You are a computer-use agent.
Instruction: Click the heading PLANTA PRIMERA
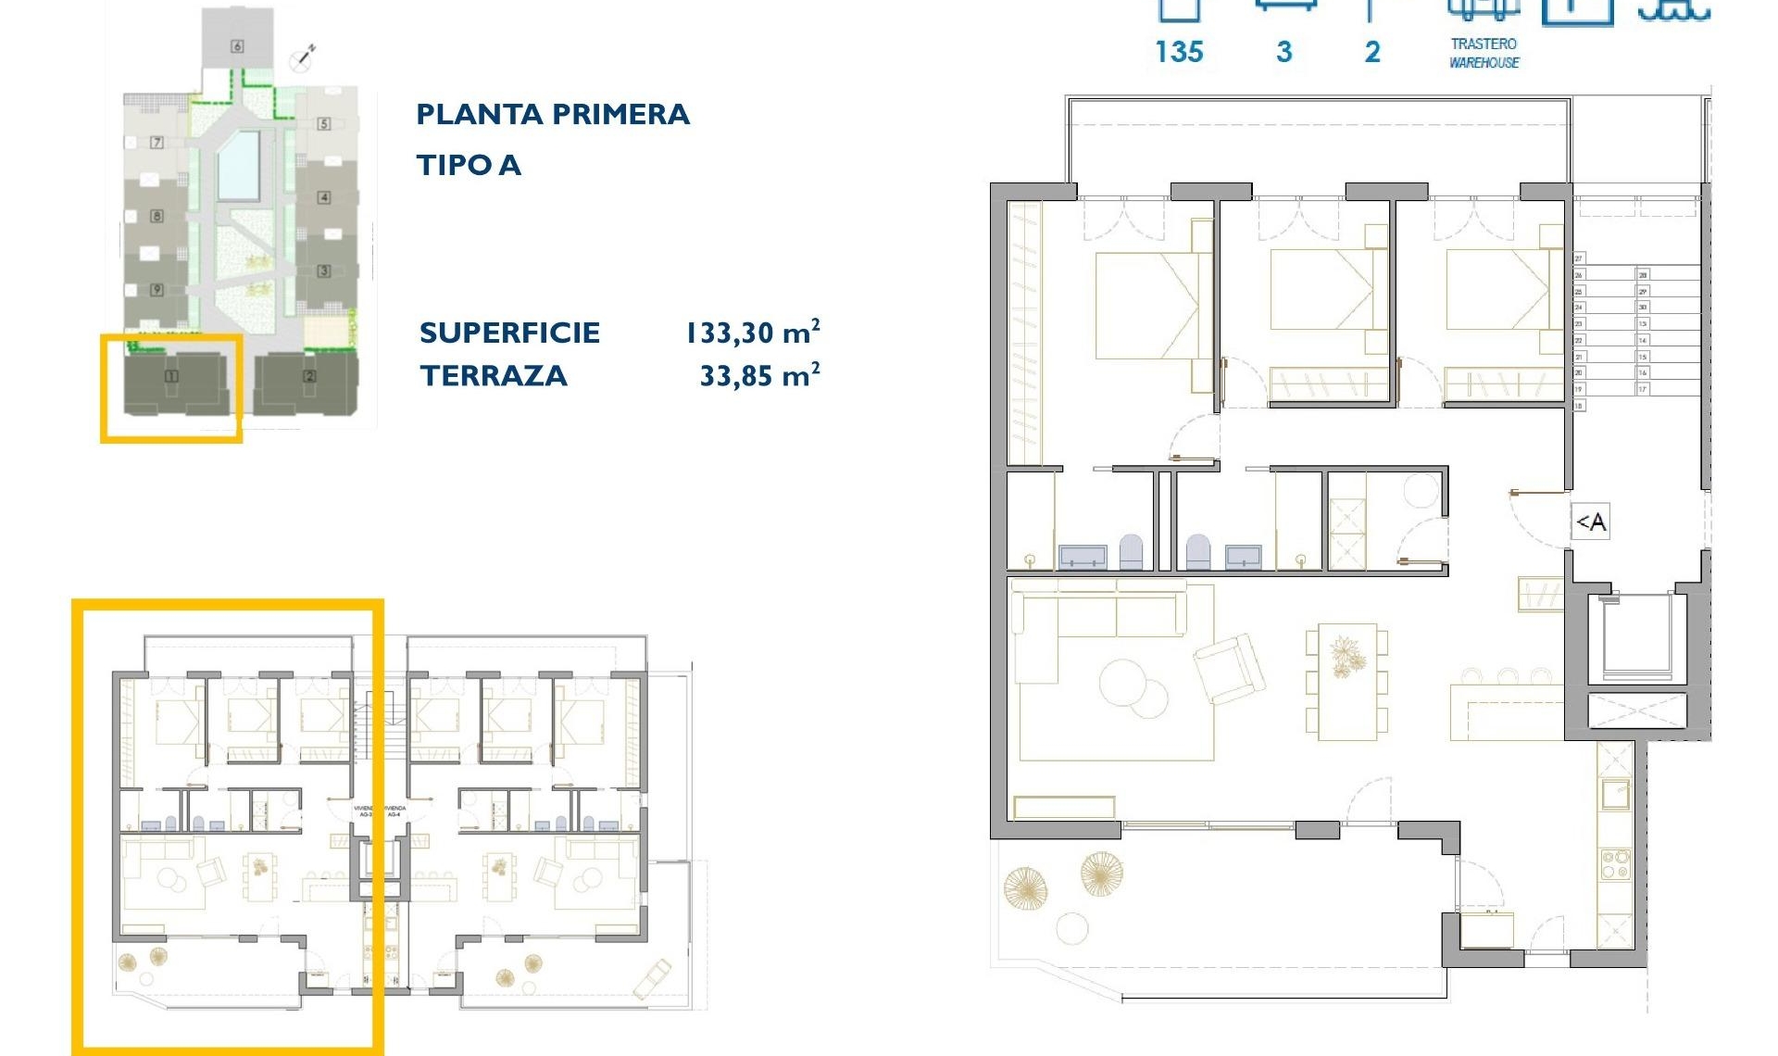pos(553,115)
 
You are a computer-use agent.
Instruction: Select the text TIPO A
pos(469,166)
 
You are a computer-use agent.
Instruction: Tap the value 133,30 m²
pos(752,333)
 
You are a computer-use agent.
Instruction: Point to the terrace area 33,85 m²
pos(759,376)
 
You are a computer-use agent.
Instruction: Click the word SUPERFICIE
pos(509,333)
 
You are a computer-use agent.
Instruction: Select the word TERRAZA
pos(494,376)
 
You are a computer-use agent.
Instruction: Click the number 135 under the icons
pos(1179,53)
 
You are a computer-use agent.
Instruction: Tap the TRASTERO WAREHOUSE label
pos(1484,54)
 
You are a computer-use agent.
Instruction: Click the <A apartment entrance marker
pos(1591,522)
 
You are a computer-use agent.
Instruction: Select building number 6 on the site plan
pos(237,45)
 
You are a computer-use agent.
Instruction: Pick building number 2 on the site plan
pos(309,376)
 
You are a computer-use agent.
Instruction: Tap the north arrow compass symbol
pos(302,58)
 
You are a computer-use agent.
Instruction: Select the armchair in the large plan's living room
pos(1230,667)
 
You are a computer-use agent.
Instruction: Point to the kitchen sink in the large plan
pos(1615,794)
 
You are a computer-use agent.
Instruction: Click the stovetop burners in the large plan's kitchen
pos(1615,864)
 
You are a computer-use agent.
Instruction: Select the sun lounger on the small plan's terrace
pos(652,979)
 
